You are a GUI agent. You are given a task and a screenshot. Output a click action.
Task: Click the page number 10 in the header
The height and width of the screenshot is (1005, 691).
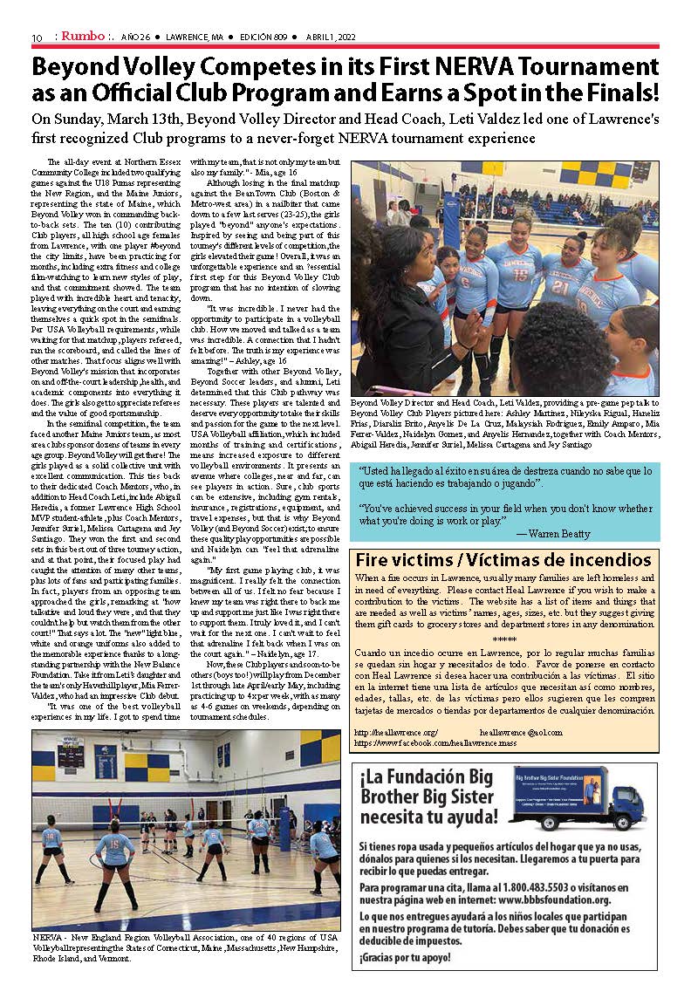(x=37, y=37)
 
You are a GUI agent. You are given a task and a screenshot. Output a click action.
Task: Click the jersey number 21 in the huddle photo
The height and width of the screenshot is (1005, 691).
(x=561, y=287)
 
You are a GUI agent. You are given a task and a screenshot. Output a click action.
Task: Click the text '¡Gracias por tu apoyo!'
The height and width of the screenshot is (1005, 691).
(x=405, y=958)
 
